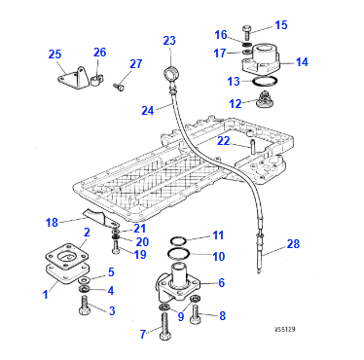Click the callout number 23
(169, 41)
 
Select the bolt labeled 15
(244, 33)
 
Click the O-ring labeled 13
(265, 82)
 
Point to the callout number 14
(302, 61)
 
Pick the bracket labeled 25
(75, 78)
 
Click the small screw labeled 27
(119, 87)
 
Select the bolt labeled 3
(84, 306)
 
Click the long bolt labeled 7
(164, 327)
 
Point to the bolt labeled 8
(196, 314)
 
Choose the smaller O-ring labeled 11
(178, 241)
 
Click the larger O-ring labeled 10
(178, 253)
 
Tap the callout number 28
(293, 243)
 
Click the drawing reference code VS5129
(284, 330)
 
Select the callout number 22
(223, 140)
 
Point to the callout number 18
(52, 223)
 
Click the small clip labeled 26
(96, 80)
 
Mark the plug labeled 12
(265, 99)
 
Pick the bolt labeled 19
(116, 247)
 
